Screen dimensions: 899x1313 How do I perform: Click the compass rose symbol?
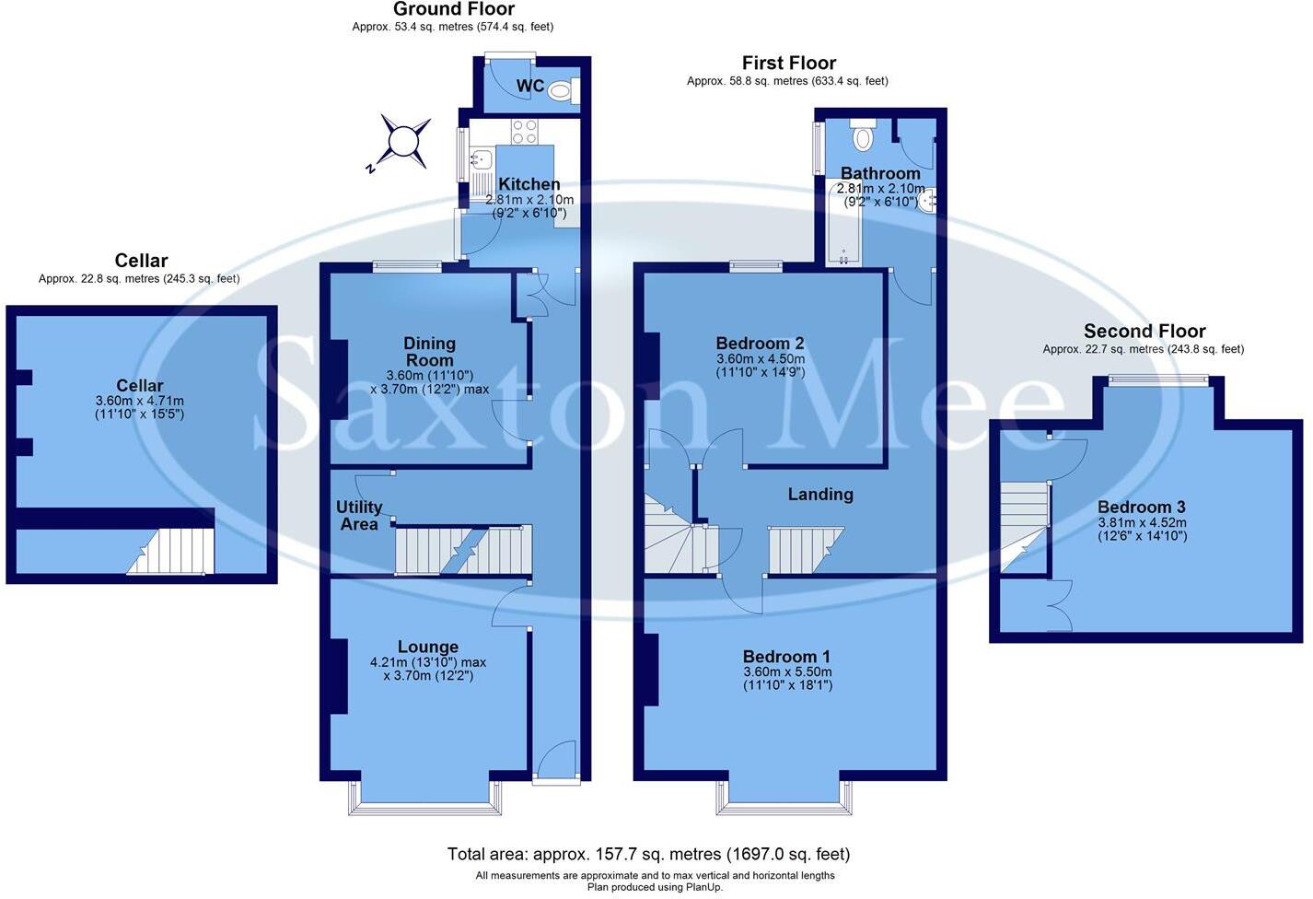coord(402,142)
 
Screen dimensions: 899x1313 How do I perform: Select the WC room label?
coord(530,87)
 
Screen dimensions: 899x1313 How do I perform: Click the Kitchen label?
coord(529,184)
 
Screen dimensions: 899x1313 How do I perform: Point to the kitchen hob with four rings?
coord(525,132)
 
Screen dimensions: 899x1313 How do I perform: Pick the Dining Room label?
coord(429,351)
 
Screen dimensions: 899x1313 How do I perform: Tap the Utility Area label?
coord(359,515)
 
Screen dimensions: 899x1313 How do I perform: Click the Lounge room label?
coord(428,647)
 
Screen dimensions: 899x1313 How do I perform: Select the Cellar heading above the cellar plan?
coord(141,261)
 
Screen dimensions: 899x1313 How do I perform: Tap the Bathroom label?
coord(880,173)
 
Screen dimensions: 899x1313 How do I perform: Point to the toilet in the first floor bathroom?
coord(863,136)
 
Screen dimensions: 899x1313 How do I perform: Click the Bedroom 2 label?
coord(761,344)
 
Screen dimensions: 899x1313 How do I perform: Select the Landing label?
coord(820,495)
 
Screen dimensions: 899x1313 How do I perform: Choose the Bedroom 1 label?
coord(786,657)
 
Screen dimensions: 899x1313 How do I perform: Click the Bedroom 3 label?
coord(1141,507)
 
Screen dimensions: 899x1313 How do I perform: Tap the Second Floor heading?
coord(1144,331)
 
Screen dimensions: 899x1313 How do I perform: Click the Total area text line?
coord(648,854)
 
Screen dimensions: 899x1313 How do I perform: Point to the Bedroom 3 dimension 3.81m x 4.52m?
coord(1142,522)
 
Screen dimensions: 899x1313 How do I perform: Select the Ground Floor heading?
coord(453,9)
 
